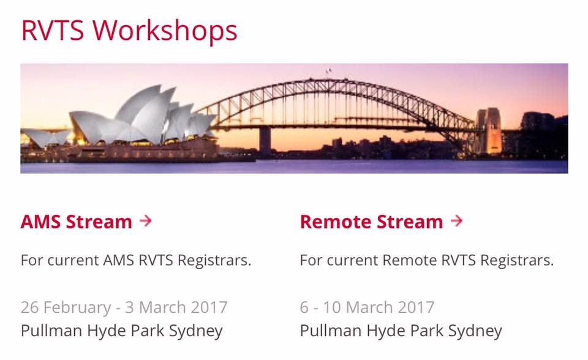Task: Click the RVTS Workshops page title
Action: tap(129, 31)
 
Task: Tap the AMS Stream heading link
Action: tap(77, 222)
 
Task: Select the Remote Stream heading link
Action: tap(371, 222)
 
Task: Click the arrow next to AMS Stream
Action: tap(146, 220)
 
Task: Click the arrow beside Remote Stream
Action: tap(456, 220)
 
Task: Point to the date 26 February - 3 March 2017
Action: tap(124, 307)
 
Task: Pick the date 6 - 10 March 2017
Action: tap(367, 307)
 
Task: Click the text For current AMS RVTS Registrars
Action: tap(136, 260)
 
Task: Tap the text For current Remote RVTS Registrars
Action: tap(427, 260)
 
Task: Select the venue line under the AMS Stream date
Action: tap(122, 331)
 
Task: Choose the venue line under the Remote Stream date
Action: tap(401, 331)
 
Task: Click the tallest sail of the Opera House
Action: tap(150, 113)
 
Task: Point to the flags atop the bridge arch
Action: tap(329, 70)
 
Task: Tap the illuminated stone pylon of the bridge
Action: tap(489, 130)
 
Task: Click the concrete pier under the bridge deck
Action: tap(265, 141)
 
